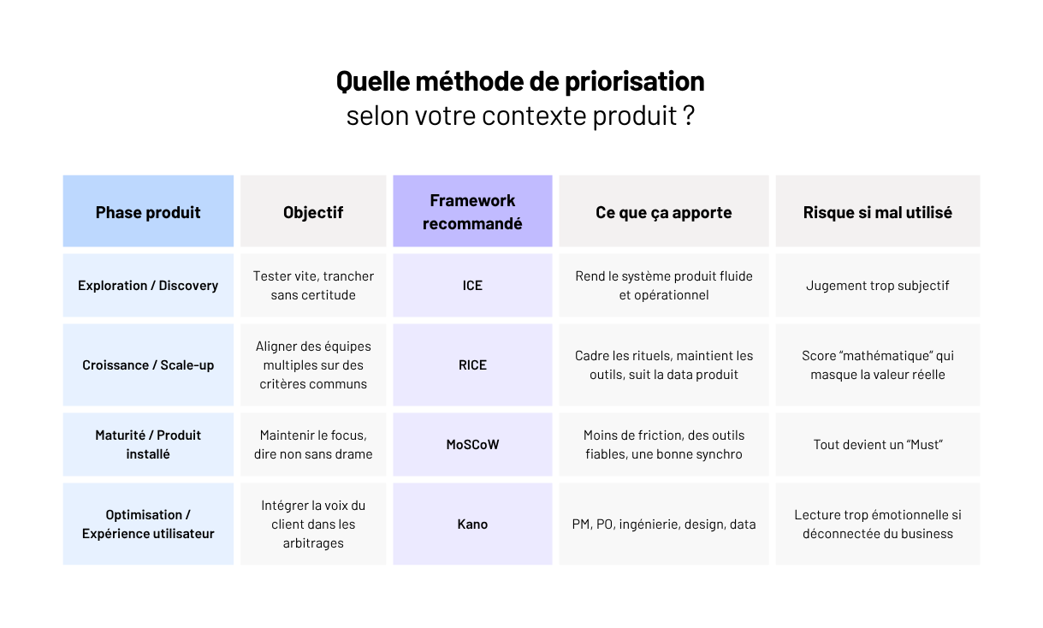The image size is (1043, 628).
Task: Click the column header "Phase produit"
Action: [148, 212]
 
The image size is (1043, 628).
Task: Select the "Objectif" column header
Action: [313, 212]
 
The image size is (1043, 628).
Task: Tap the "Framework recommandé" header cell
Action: [472, 212]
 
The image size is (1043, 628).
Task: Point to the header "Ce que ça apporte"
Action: [663, 212]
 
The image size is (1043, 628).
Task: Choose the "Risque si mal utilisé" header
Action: [877, 212]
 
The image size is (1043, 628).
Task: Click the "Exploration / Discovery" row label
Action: [148, 285]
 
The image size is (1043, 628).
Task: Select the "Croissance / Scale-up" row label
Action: [148, 364]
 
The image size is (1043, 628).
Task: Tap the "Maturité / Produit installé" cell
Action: [148, 444]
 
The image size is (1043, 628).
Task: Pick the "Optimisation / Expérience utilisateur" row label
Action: [148, 524]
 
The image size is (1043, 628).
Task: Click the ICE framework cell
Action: [472, 285]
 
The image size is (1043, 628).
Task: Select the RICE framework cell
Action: [472, 364]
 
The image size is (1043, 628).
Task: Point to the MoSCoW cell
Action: [472, 444]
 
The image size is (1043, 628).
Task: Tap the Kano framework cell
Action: [472, 524]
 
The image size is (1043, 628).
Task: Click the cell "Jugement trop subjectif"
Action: [877, 285]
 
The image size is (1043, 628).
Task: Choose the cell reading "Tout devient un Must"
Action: [877, 444]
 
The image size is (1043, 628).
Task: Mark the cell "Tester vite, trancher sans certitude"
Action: [313, 285]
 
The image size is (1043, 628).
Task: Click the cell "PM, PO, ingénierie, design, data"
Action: [663, 524]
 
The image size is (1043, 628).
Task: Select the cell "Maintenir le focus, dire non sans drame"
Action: [313, 444]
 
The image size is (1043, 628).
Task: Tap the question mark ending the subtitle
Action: [689, 116]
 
